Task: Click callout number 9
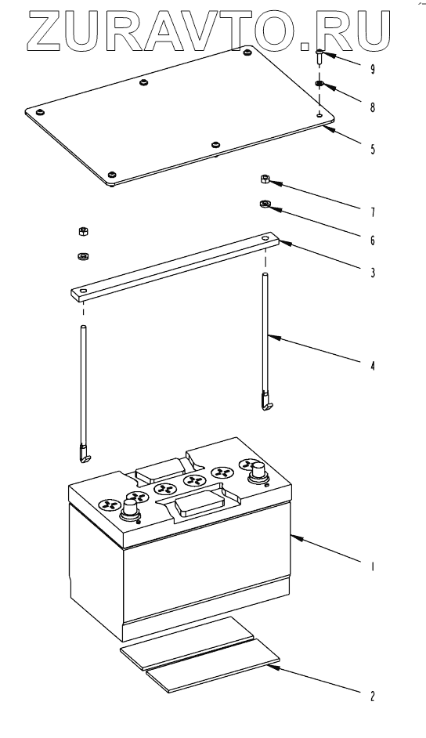(x=373, y=70)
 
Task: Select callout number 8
(x=373, y=107)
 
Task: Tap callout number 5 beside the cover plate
(x=373, y=150)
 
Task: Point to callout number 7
(x=373, y=213)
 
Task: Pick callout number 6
(x=373, y=241)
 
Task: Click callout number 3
(x=373, y=273)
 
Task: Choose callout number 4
(x=373, y=365)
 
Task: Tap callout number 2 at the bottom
(x=373, y=696)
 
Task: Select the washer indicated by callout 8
(x=319, y=85)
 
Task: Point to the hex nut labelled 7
(x=264, y=179)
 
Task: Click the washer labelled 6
(x=264, y=204)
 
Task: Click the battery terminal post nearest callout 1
(x=258, y=471)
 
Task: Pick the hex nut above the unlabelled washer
(x=83, y=231)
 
